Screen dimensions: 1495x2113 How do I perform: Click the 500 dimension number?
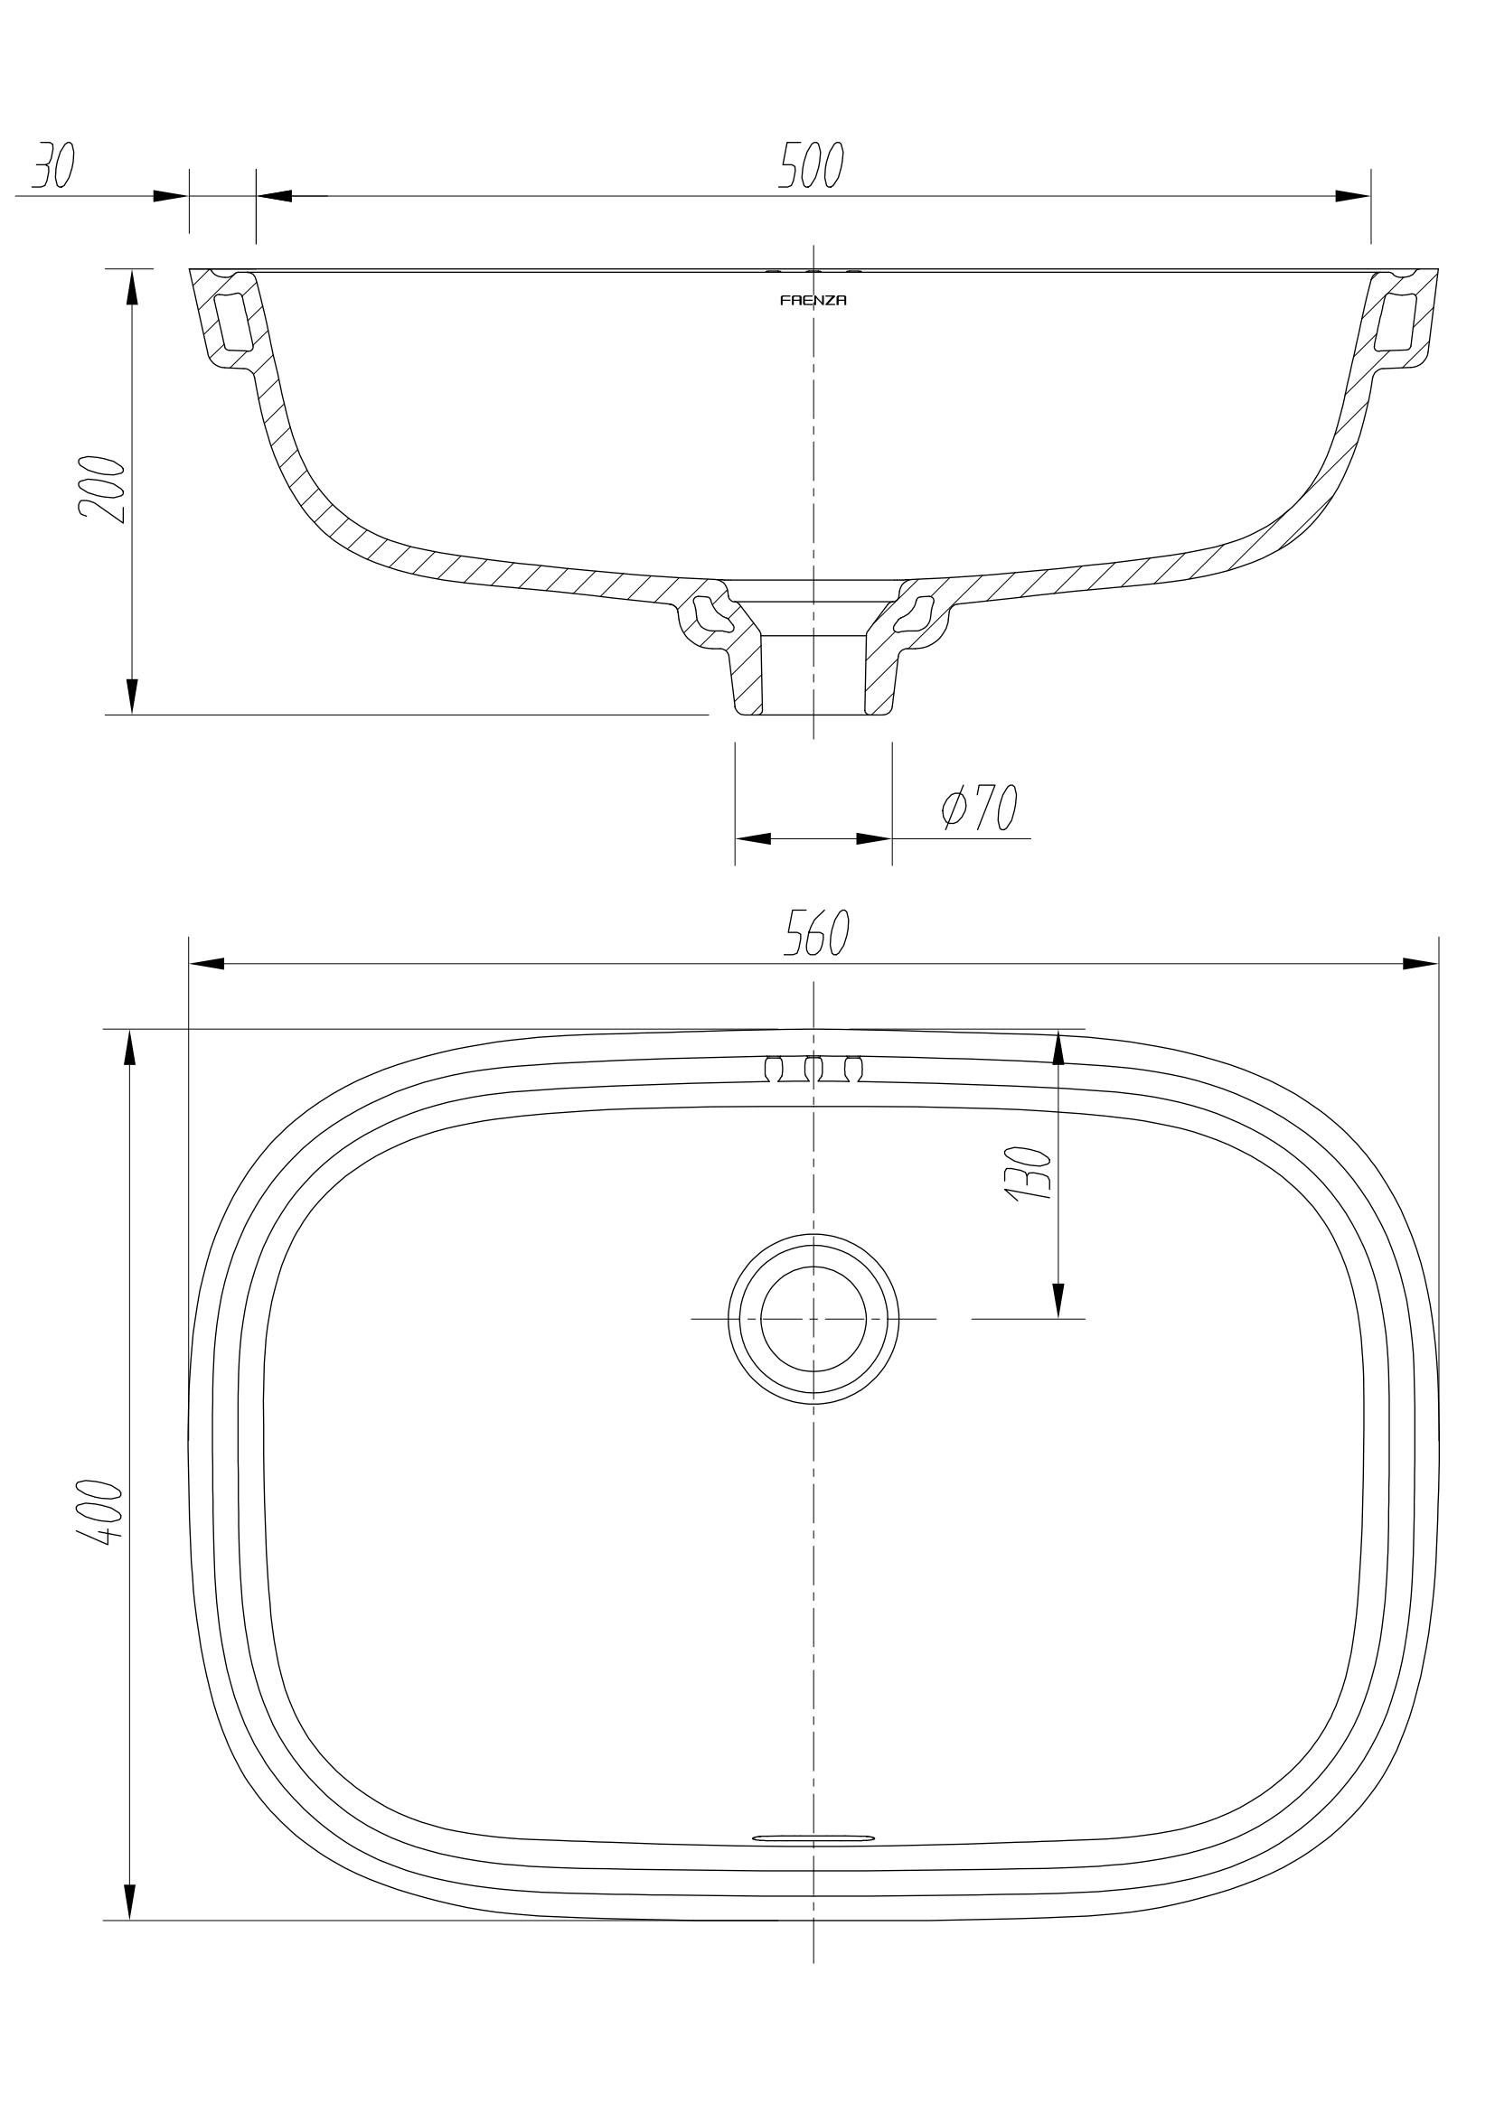click(811, 165)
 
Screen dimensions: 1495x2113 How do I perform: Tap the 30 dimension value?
click(53, 165)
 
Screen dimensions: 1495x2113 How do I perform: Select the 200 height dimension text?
click(102, 489)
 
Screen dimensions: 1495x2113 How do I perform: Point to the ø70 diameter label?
click(979, 807)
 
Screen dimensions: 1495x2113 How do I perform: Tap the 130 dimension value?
click(1029, 1173)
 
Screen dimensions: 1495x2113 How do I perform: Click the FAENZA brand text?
click(813, 300)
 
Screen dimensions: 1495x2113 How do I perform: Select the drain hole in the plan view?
click(813, 1319)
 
